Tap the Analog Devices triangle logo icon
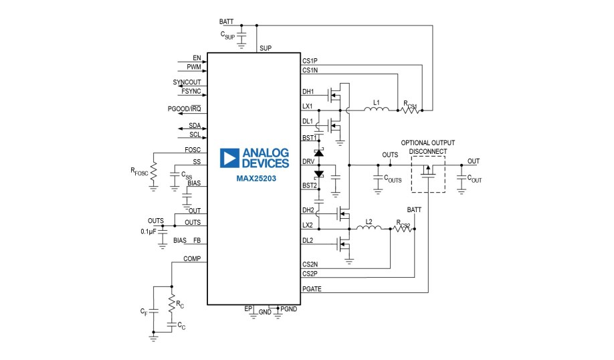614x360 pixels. click(x=230, y=158)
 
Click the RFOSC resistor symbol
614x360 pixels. click(x=154, y=172)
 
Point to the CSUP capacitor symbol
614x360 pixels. click(x=242, y=34)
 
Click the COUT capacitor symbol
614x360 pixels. click(x=461, y=179)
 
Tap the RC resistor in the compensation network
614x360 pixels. click(x=172, y=303)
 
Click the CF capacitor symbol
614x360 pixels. click(x=153, y=312)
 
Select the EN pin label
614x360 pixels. click(x=197, y=58)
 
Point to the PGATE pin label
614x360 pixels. click(x=311, y=288)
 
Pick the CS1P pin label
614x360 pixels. click(x=310, y=62)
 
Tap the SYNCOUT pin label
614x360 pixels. click(x=187, y=82)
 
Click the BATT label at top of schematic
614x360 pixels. click(x=226, y=21)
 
